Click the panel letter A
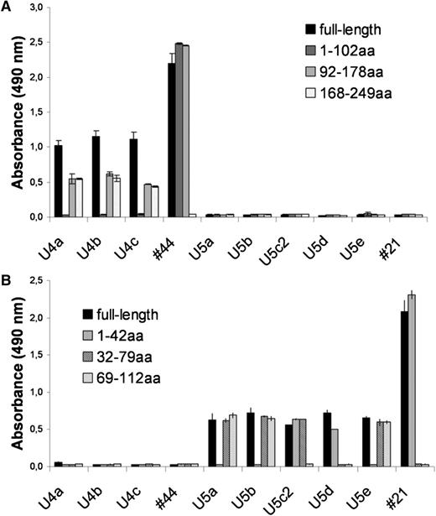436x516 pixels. [x=8, y=8]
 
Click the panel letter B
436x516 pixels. [x=8, y=273]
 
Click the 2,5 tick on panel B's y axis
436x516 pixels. [x=36, y=281]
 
